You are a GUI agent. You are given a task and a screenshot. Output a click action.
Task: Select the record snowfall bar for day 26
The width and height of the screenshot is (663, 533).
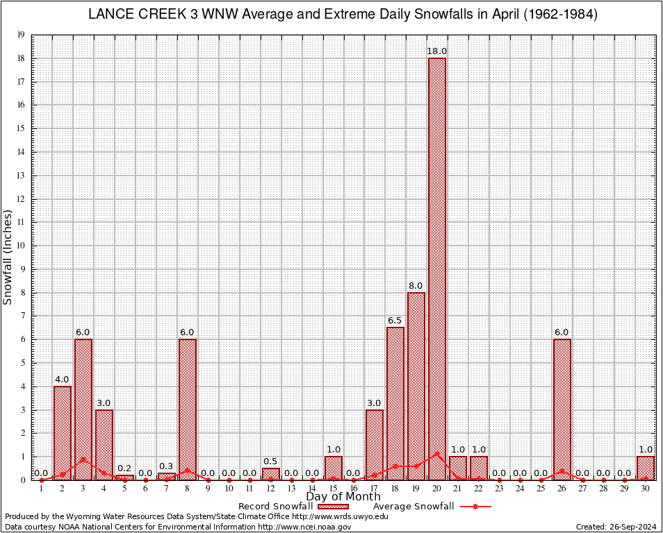562,409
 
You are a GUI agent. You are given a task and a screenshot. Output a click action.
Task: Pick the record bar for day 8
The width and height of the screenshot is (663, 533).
188,409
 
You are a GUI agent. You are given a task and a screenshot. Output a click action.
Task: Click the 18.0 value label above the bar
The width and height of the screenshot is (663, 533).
437,51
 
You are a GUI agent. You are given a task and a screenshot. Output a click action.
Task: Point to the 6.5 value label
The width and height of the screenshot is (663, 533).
395,321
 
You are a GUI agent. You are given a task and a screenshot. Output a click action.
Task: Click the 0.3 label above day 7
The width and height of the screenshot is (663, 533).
167,466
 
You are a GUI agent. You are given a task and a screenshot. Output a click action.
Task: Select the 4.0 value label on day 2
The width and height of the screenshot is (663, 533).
62,380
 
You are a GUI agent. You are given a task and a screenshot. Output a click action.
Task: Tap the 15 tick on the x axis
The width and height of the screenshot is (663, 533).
333,489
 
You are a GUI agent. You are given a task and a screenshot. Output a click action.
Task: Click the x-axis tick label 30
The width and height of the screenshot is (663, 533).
646,489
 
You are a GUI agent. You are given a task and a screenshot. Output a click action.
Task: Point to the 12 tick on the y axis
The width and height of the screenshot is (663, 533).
22,199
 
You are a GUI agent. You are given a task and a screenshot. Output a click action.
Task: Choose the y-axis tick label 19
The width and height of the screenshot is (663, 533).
22,35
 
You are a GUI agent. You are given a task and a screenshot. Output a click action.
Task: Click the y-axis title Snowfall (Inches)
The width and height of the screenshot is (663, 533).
8,257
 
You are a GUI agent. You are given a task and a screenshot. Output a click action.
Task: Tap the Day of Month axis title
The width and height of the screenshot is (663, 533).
343,497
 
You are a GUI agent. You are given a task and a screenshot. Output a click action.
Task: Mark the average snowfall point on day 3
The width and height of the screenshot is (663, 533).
83,459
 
